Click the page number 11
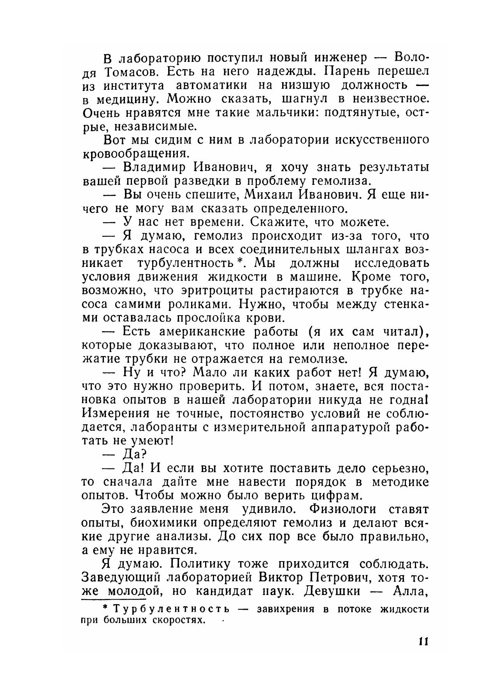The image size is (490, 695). tap(423, 641)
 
